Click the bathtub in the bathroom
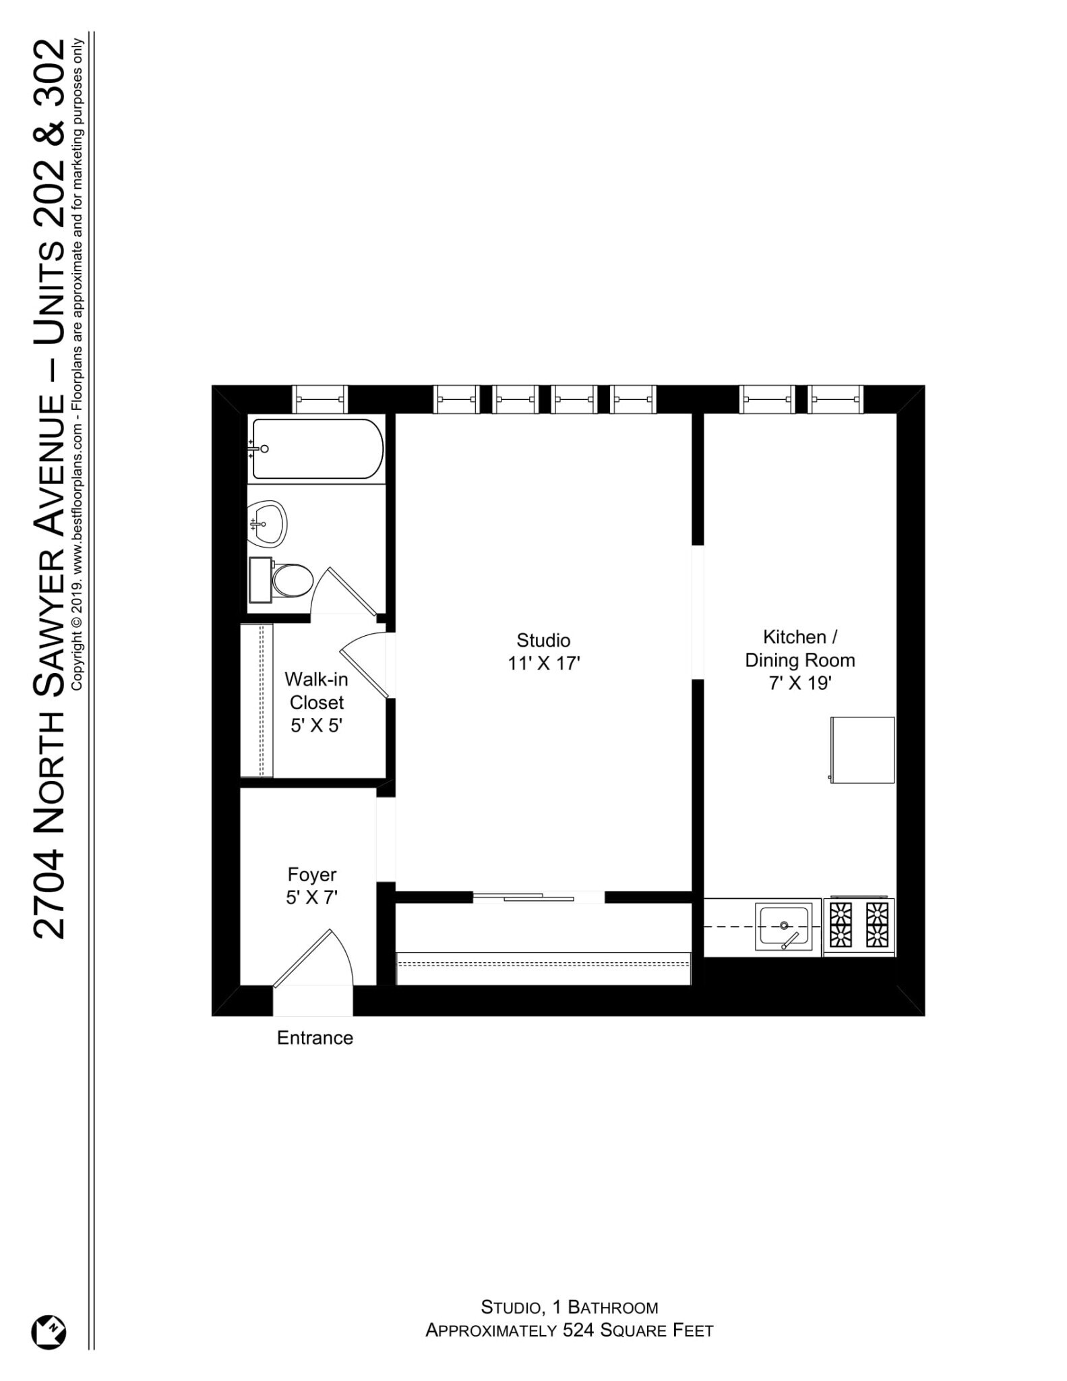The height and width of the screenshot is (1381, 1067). [317, 448]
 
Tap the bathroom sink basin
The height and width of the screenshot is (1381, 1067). [267, 524]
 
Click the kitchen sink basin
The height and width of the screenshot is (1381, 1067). [783, 927]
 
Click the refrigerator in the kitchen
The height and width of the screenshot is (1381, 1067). [862, 749]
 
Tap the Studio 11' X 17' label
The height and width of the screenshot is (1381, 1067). [543, 651]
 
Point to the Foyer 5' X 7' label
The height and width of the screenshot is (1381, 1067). [311, 885]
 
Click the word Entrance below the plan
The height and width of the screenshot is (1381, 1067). [315, 1037]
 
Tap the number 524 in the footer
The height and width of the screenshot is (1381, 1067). [576, 1330]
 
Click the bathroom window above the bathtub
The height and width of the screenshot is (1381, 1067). [319, 399]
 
